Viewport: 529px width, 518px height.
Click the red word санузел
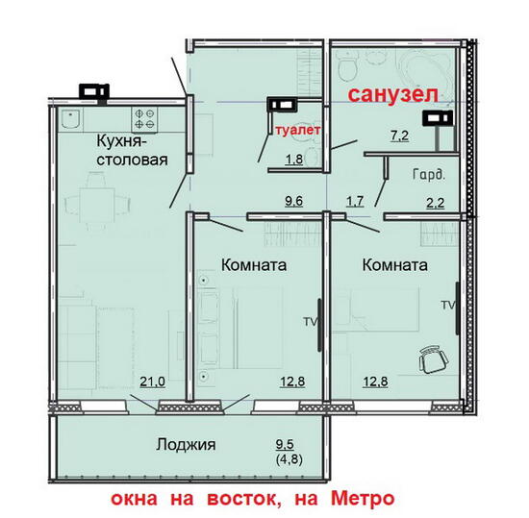pos(393,95)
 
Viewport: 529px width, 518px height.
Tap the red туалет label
pos(297,130)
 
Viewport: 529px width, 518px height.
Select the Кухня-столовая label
pos(132,150)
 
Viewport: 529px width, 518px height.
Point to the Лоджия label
pos(186,445)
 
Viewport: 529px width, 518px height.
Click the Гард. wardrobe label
pos(429,175)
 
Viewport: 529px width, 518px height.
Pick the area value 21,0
pos(153,382)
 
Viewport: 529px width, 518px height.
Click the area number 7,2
pos(400,136)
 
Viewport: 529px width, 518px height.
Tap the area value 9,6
pos(294,201)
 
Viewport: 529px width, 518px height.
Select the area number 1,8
pos(294,160)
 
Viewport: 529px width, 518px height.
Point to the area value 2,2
pos(436,203)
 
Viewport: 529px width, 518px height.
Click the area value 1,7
pos(355,201)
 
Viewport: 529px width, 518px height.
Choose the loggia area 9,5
pos(285,444)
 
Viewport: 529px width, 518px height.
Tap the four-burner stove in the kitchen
pos(144,119)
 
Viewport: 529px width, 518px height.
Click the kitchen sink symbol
pos(70,119)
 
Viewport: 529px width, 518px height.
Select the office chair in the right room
pos(434,359)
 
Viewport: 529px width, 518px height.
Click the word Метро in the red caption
pos(363,499)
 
